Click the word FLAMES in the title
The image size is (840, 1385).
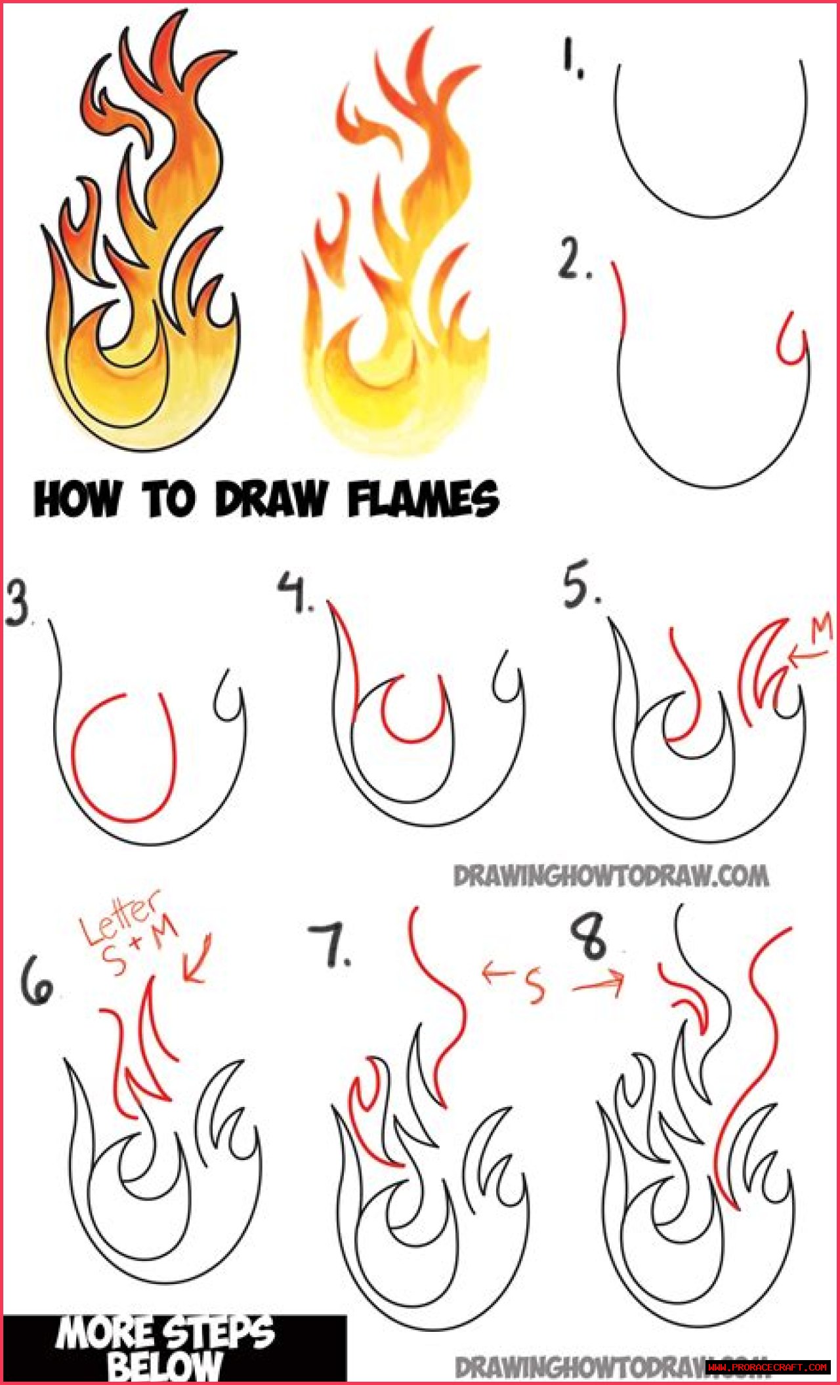(423, 499)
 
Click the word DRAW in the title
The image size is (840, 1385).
(270, 499)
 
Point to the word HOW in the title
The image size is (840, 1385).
(77, 500)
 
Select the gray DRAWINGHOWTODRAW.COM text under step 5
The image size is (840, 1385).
(610, 875)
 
